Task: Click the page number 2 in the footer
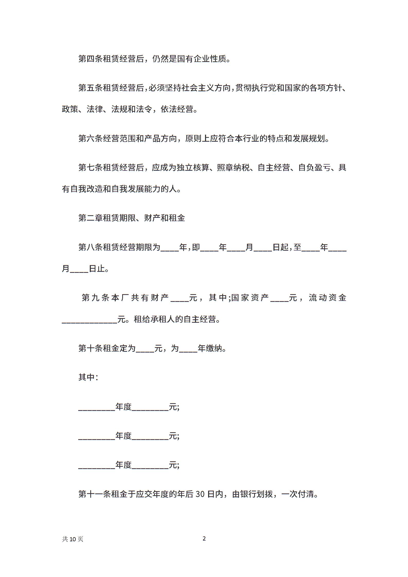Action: (x=204, y=538)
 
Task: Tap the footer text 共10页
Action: (x=73, y=539)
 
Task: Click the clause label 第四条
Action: (x=91, y=59)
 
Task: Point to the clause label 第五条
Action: (x=91, y=88)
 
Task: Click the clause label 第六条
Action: (x=91, y=139)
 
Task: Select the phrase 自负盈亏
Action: (x=314, y=168)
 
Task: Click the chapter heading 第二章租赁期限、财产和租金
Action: (x=132, y=218)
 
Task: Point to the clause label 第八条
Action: (x=91, y=247)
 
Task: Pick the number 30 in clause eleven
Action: (x=200, y=494)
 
